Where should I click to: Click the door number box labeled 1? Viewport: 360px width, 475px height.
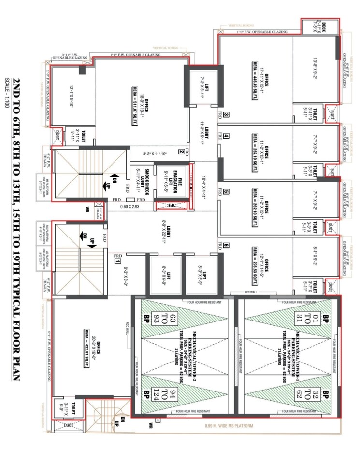117,261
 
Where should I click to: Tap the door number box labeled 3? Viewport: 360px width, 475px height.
226,115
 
